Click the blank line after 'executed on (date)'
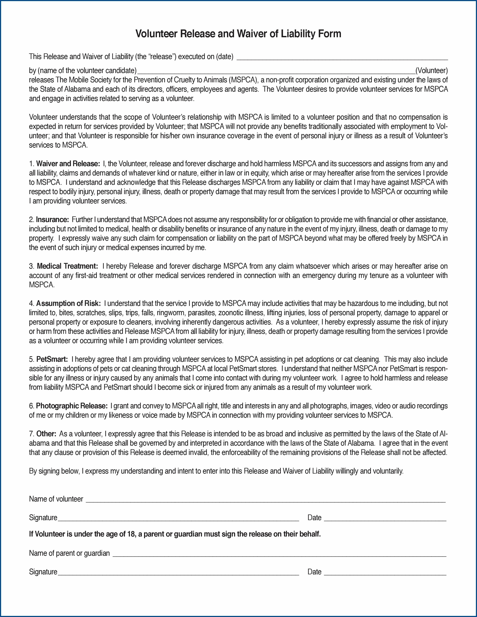[342, 58]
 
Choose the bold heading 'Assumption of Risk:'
[68, 303]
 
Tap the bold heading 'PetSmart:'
[52, 359]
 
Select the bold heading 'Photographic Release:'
[72, 406]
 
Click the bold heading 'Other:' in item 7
[46, 434]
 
